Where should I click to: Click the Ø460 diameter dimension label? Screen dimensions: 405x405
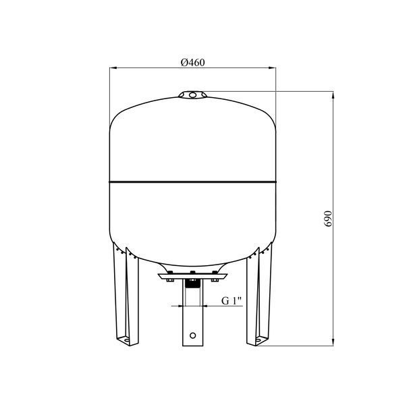[x=192, y=63]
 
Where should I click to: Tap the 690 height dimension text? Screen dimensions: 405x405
[x=328, y=219]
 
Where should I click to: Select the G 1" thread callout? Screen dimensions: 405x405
[x=232, y=300]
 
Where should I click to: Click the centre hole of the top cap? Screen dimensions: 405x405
[x=192, y=95]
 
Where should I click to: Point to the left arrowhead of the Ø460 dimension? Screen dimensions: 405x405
[x=113, y=68]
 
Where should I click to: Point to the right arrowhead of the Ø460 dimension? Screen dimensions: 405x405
[x=272, y=68]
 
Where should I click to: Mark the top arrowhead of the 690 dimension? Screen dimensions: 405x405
[x=333, y=95]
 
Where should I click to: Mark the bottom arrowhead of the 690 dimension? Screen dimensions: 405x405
[x=333, y=342]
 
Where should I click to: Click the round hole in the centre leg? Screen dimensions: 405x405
[x=192, y=335]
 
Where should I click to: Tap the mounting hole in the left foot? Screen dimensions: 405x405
[x=126, y=340]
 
